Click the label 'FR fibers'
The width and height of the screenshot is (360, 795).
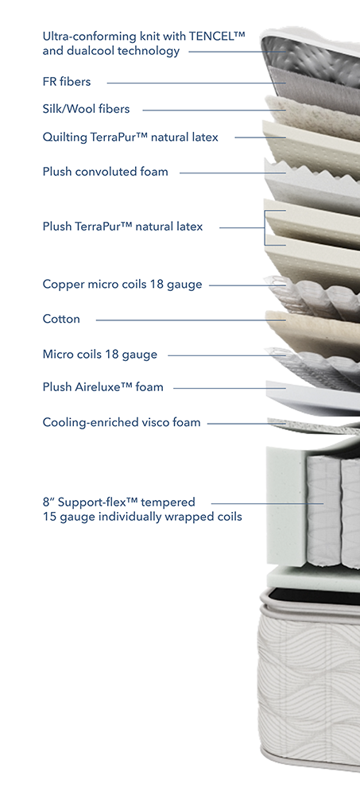[x=67, y=82]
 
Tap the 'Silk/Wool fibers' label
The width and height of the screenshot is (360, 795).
[x=86, y=109]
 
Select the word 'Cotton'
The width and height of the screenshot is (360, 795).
[x=61, y=320]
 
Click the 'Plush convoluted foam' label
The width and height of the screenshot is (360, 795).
[x=105, y=172]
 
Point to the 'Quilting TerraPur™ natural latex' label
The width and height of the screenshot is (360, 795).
[x=130, y=137]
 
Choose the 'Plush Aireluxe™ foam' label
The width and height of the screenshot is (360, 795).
[x=103, y=387]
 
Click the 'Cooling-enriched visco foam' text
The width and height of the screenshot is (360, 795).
[x=122, y=422]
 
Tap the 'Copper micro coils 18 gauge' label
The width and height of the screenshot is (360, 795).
[x=122, y=285]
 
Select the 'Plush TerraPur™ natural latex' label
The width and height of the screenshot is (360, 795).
[x=122, y=227]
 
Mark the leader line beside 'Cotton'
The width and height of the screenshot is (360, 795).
[x=192, y=320]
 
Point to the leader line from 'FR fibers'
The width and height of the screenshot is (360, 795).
[x=197, y=83]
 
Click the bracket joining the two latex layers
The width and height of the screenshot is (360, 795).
[x=265, y=228]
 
